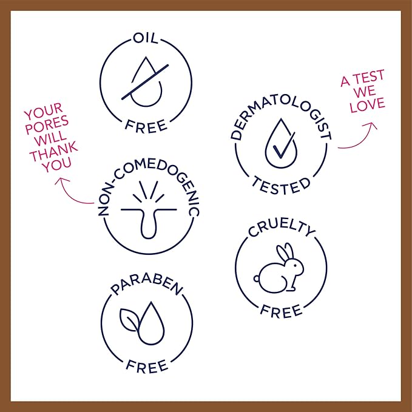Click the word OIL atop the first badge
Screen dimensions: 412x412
coord(146,38)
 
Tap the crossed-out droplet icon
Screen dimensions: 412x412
coord(145,82)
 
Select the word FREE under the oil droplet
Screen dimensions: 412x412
coord(146,126)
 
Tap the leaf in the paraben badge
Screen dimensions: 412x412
coord(129,320)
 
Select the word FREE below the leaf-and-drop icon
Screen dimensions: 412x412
coord(147,366)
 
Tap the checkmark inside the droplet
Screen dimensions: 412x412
coord(284,145)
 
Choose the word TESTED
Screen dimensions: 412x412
coord(281,186)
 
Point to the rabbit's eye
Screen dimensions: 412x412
coord(295,265)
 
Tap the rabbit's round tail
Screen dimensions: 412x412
coord(257,279)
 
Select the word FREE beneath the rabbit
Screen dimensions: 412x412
coord(281,311)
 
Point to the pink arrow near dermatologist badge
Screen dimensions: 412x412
coord(360,138)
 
